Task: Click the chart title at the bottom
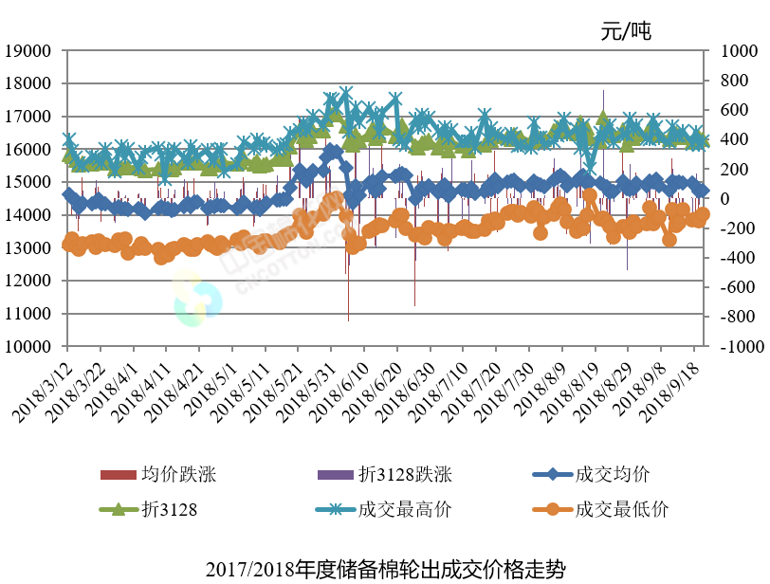tap(385, 569)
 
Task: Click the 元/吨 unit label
tap(626, 31)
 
